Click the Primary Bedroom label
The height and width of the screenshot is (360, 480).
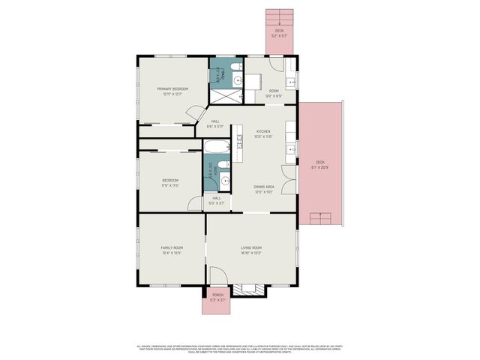pyautogui.click(x=172, y=88)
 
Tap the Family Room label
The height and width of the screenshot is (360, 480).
pyautogui.click(x=172, y=247)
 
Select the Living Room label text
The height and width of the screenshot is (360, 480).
pyautogui.click(x=251, y=247)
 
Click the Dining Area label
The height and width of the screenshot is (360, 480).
pyautogui.click(x=263, y=187)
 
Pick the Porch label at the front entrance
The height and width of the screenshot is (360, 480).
pyautogui.click(x=217, y=295)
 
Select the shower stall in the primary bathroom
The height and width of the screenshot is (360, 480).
pyautogui.click(x=222, y=96)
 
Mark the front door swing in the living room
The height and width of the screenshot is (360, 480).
pyautogui.click(x=217, y=277)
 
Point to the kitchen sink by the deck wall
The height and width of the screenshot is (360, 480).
pyautogui.click(x=289, y=150)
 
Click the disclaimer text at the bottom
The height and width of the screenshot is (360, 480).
pyautogui.click(x=240, y=348)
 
